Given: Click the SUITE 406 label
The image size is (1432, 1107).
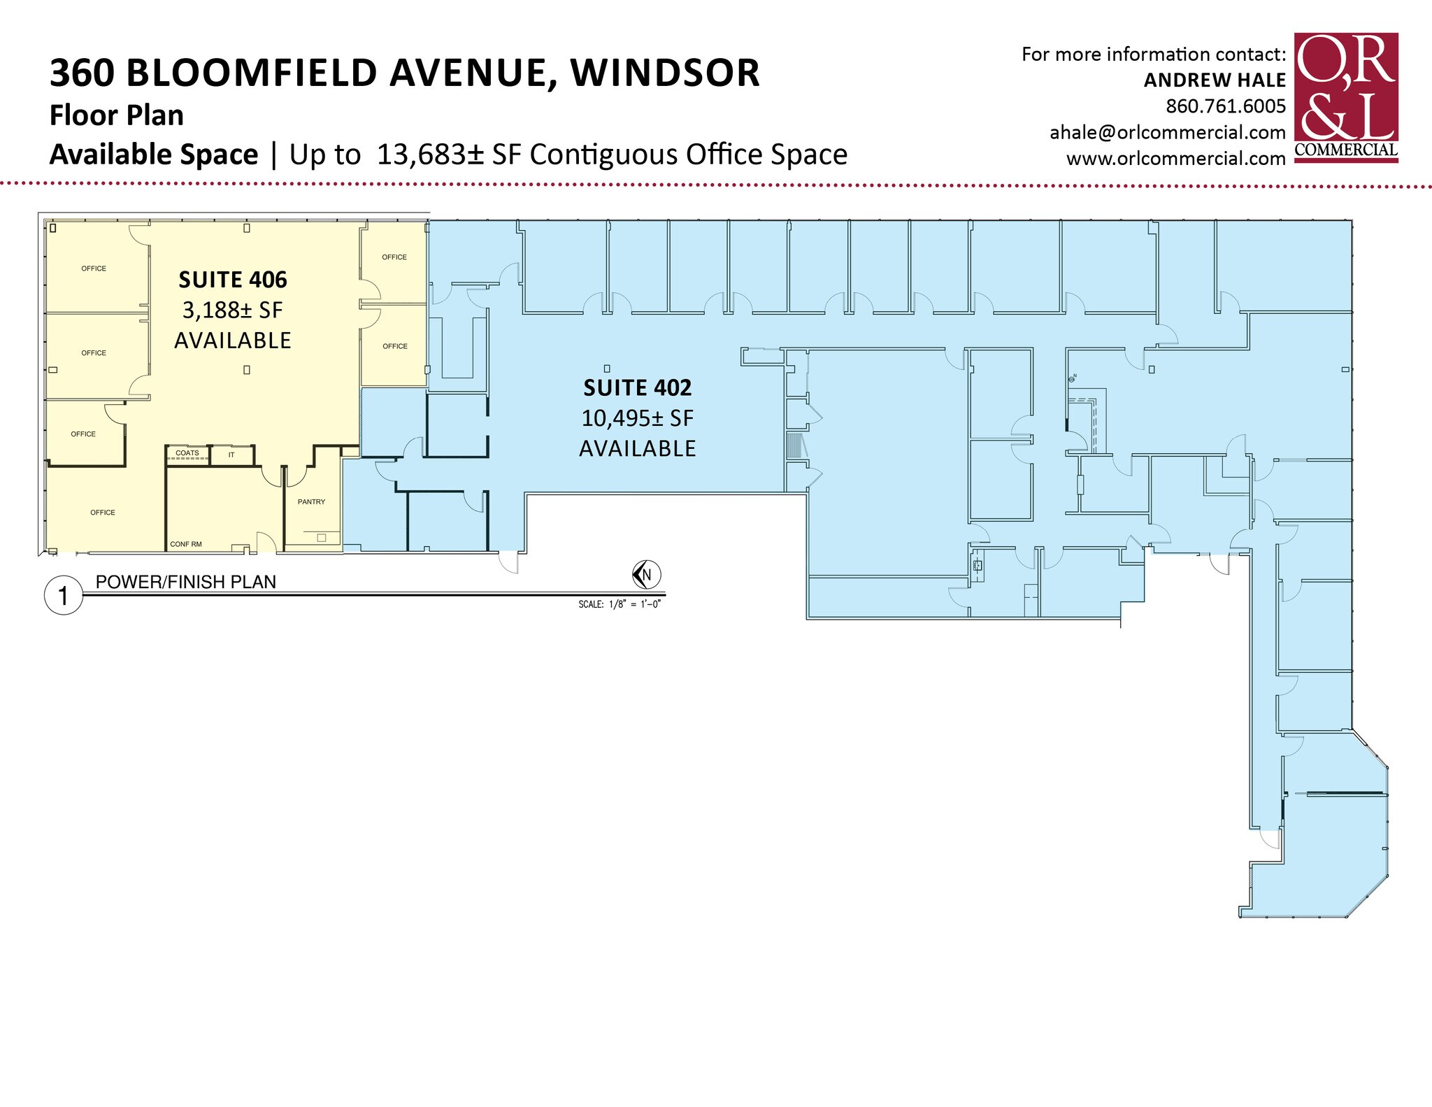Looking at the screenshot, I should click(x=233, y=280).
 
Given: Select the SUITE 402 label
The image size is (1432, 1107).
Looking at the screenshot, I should click(x=637, y=387).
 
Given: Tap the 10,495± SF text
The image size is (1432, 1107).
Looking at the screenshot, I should click(x=637, y=418).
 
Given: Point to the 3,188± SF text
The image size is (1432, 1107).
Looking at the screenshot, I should click(x=233, y=310).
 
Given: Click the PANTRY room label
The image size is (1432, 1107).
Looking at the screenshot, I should click(x=311, y=501).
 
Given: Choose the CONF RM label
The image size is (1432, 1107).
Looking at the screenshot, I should click(x=186, y=544).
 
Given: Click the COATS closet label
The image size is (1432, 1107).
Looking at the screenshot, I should click(x=187, y=453).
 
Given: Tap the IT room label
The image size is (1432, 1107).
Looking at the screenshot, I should click(x=231, y=455).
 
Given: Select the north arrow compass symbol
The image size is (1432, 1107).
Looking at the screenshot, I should click(x=646, y=575).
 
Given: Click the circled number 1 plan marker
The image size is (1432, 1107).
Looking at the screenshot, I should click(x=64, y=596).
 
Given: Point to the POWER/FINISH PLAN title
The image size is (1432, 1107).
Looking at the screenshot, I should click(x=186, y=582).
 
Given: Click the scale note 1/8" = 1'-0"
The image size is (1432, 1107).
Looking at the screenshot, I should click(x=619, y=604).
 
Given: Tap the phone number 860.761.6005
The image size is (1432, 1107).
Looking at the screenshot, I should click(x=1225, y=106).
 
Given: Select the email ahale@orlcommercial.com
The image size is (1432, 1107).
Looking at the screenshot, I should click(x=1167, y=132).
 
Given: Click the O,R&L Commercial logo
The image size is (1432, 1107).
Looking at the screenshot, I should click(x=1345, y=97).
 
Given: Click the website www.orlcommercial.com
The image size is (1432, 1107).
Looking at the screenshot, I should click(x=1175, y=159).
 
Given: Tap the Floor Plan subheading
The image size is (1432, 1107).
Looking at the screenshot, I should click(x=116, y=115).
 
